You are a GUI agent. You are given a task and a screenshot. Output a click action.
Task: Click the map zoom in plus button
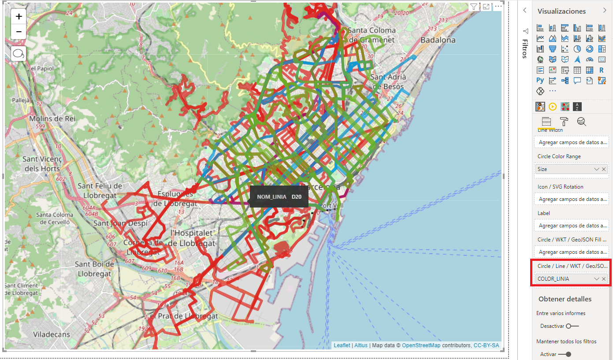point(19,17)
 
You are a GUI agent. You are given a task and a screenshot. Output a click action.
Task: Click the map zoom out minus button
point(19,32)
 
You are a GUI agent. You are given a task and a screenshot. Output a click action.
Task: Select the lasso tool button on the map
point(19,54)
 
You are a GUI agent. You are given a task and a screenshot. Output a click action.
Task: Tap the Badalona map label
point(438,40)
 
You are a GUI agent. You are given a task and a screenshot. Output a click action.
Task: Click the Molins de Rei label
point(52,119)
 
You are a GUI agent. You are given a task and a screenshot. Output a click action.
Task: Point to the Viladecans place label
point(52,334)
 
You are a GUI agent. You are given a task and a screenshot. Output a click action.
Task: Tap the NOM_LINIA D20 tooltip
point(279,197)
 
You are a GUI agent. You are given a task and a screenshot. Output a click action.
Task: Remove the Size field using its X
point(604,169)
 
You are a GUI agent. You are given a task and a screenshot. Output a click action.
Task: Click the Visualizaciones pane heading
point(561,11)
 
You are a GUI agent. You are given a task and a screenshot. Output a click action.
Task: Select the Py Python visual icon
point(540,80)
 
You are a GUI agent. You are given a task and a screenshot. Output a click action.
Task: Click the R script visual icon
point(602,70)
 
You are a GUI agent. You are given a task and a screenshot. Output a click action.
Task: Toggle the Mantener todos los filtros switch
point(565,354)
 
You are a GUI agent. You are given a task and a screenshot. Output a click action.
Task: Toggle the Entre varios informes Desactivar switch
point(572,326)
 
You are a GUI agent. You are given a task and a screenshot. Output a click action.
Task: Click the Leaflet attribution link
point(342,345)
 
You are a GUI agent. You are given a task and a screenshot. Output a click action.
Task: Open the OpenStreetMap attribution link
point(421,345)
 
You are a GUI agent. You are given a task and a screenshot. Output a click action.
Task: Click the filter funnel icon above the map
point(473,7)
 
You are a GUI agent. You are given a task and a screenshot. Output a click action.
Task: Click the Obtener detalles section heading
point(565,299)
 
